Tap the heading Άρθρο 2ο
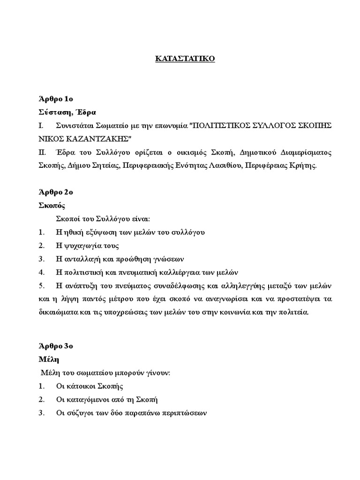56,192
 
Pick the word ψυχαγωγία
81,246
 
